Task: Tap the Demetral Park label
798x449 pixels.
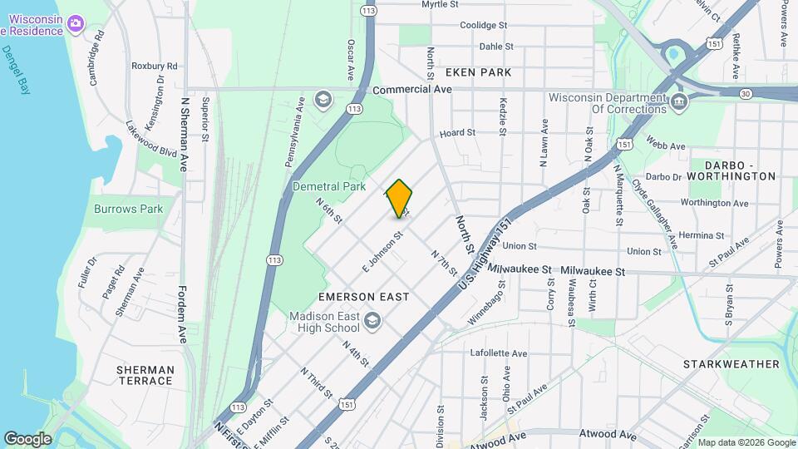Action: coord(329,187)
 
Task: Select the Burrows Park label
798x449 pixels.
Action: coord(129,209)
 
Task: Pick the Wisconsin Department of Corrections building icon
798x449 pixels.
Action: coord(679,103)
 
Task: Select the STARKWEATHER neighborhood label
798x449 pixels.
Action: coord(731,364)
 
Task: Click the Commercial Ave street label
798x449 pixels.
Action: coord(412,89)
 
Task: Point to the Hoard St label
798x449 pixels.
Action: coord(457,132)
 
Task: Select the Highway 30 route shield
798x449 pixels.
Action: coord(746,94)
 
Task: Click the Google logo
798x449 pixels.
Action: coord(27,438)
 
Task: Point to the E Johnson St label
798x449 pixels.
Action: coord(382,250)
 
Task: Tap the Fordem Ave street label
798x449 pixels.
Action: coord(183,314)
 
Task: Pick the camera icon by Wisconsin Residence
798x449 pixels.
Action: coord(76,22)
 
